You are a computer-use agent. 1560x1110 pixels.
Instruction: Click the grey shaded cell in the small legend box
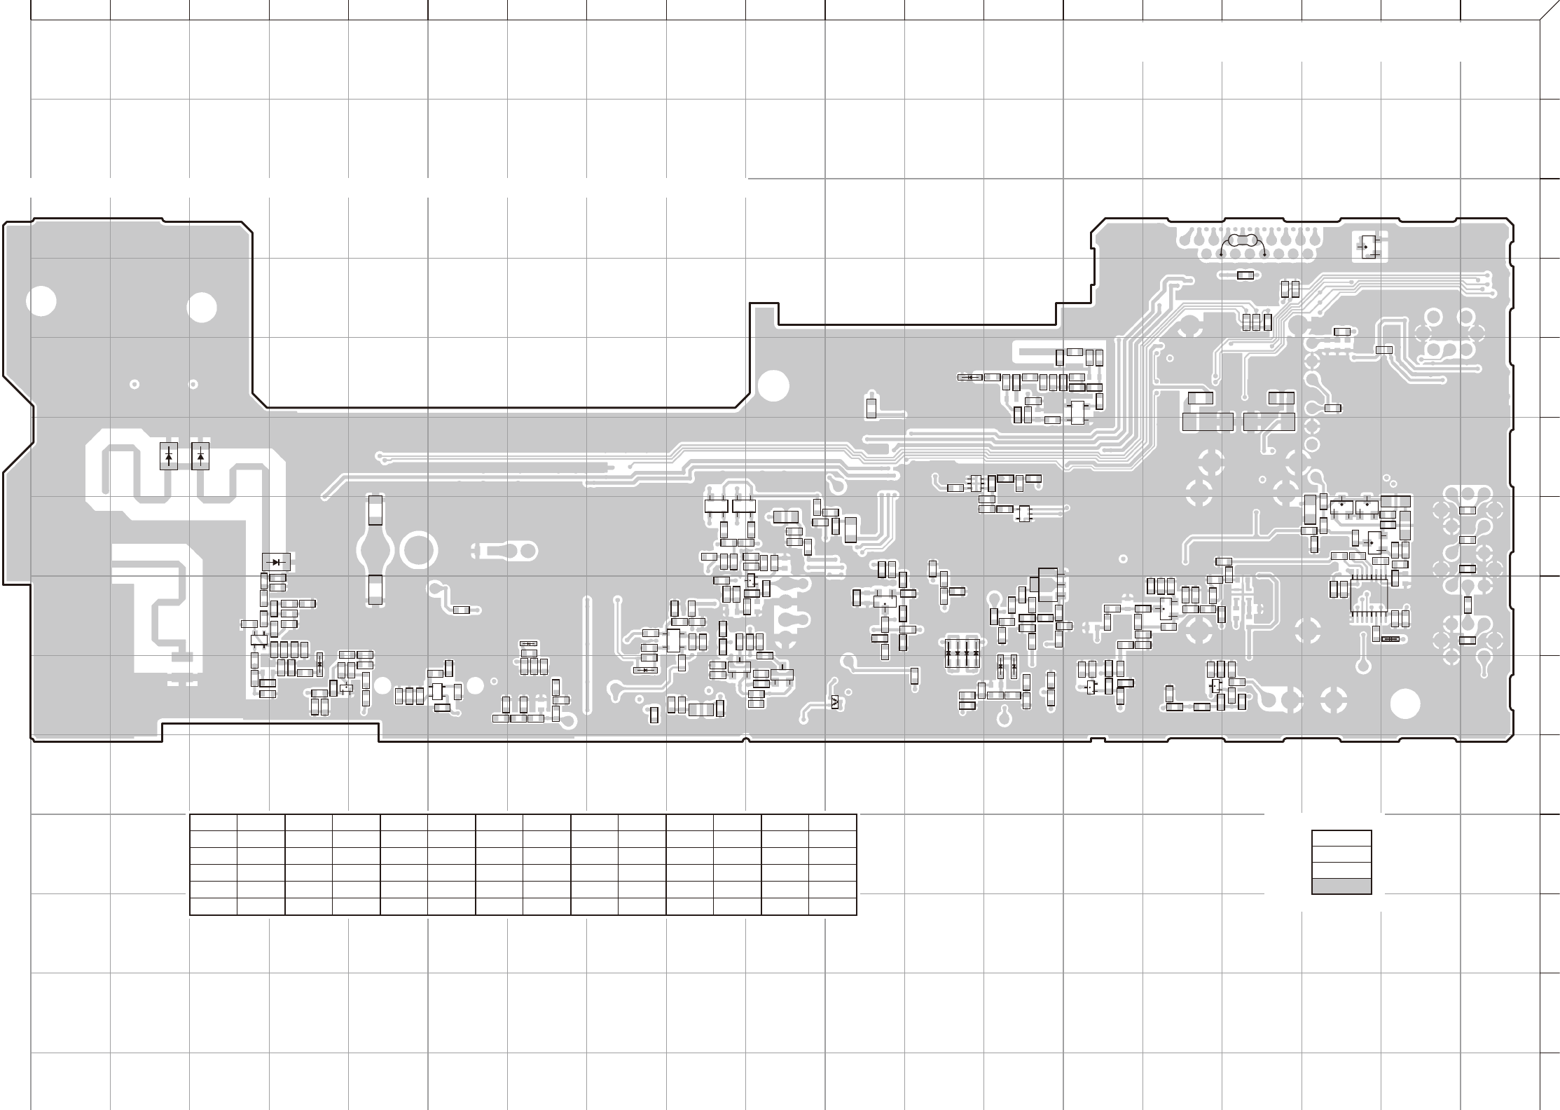[1341, 886]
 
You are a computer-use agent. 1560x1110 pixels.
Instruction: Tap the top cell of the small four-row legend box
[1341, 839]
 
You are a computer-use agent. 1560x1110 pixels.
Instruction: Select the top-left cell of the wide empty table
[214, 823]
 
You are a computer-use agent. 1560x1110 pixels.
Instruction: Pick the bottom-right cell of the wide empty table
[832, 906]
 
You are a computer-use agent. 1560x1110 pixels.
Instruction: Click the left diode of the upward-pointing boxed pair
[169, 456]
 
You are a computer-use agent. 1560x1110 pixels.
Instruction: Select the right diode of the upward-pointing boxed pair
[201, 456]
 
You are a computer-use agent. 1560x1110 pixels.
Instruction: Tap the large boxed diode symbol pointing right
[277, 561]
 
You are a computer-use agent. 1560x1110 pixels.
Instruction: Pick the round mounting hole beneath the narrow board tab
[774, 386]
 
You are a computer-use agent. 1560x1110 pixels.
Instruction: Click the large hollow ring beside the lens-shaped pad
[419, 550]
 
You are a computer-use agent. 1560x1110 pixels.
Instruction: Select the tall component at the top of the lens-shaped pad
[376, 510]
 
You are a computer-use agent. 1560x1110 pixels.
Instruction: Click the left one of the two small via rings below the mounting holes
[134, 384]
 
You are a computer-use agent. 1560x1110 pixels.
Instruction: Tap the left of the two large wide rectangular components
[1207, 422]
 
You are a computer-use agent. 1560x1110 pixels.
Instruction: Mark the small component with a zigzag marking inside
[834, 703]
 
